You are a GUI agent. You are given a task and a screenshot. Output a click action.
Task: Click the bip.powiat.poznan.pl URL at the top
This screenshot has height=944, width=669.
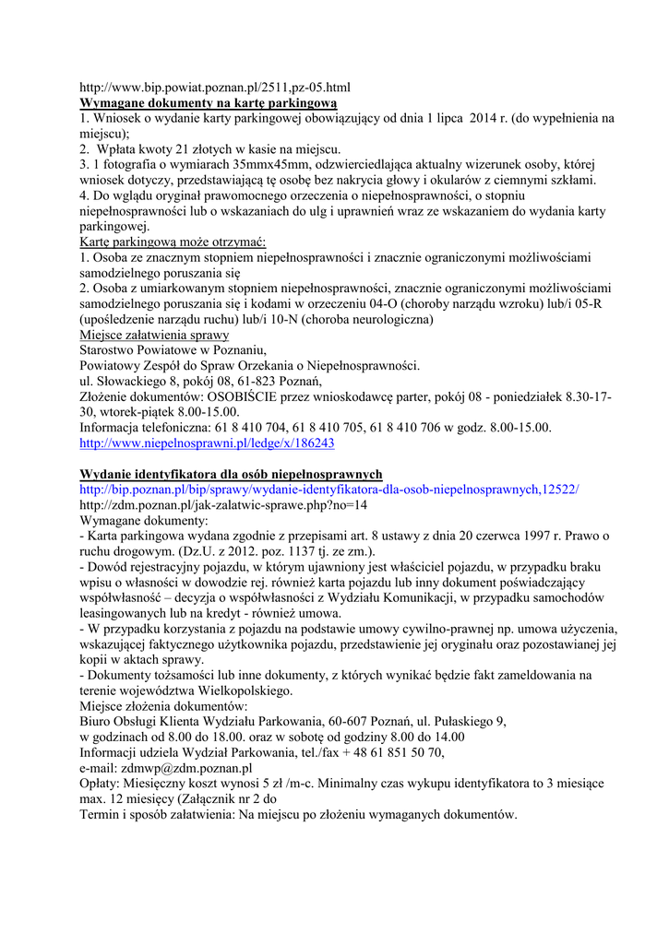pos(215,88)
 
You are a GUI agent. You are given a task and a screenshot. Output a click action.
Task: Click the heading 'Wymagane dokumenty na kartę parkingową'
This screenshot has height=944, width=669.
pos(209,103)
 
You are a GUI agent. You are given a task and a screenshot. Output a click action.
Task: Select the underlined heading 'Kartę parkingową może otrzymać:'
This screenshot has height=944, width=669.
pos(173,242)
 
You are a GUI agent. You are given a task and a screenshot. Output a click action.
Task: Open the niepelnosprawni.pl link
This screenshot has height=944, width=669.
pos(208,443)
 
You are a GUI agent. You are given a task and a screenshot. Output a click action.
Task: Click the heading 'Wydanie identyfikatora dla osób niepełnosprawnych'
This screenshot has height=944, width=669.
pos(231,474)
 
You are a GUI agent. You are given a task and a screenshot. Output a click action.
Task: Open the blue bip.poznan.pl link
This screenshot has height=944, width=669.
pos(329,490)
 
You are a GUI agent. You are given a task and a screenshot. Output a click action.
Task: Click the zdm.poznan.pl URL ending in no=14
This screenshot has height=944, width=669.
pos(223,505)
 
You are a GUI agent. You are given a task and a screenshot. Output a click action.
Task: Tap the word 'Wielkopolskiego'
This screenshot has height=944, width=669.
pos(243,690)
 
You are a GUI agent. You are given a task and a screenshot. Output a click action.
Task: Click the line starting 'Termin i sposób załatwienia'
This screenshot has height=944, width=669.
pos(298,815)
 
